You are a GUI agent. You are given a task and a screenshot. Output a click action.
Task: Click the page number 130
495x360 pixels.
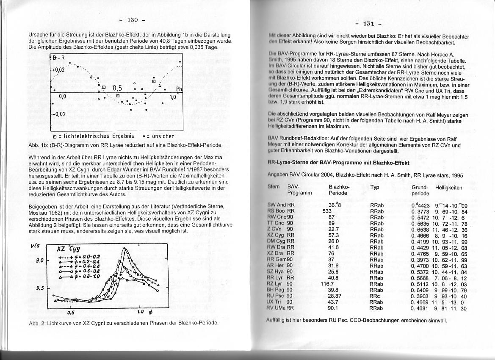(x=133, y=20)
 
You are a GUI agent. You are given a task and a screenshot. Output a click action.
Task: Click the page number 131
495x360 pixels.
(x=365, y=24)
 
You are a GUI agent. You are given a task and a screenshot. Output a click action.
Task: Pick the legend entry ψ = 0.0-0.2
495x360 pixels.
(x=79, y=257)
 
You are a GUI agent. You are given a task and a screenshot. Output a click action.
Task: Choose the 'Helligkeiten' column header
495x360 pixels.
(x=448, y=187)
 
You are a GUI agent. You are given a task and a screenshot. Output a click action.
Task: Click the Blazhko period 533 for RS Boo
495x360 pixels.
(x=327, y=211)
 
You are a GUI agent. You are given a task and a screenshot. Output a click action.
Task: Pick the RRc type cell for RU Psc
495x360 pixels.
(x=374, y=296)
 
